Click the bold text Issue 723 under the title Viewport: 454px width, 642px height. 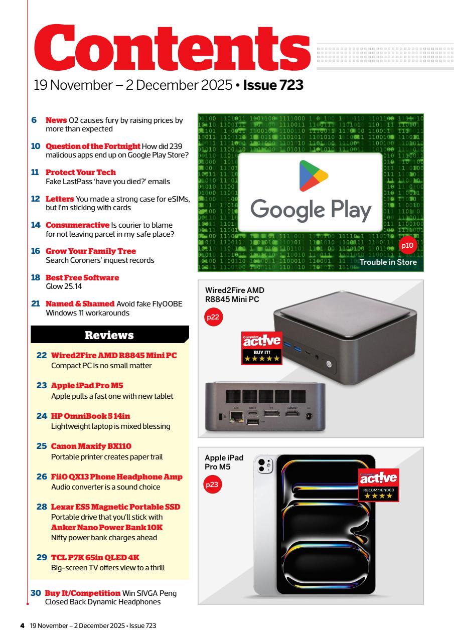(273, 85)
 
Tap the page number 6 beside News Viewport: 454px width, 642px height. (35, 120)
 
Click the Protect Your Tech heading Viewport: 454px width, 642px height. (81, 172)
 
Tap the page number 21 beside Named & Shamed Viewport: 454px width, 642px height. (35, 304)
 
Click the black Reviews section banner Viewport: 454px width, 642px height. (109, 335)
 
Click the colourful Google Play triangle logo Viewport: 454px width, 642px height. (311, 179)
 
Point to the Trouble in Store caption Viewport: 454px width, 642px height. (388, 262)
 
